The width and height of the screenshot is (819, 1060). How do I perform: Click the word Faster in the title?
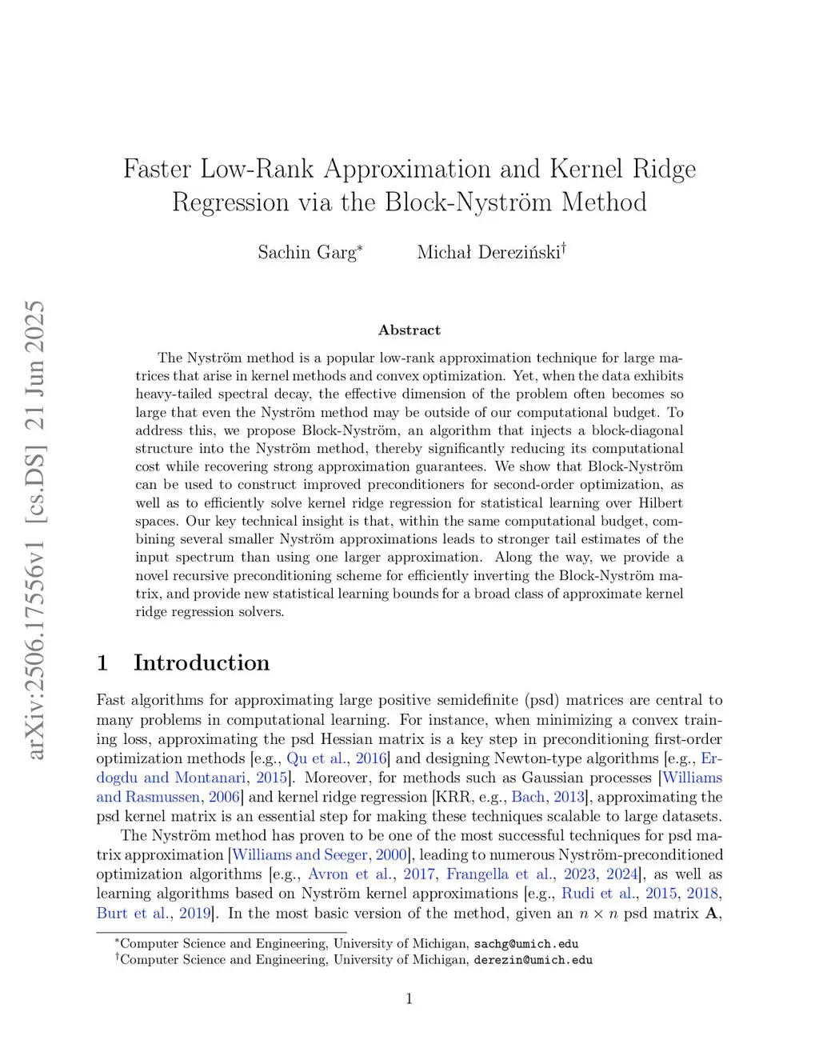(x=157, y=169)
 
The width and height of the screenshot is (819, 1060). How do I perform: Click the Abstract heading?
(x=409, y=330)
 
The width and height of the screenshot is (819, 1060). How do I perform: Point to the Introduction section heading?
(x=202, y=662)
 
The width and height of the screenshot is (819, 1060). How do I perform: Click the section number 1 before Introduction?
(x=102, y=662)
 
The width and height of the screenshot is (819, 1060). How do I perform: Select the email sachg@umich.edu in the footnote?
(x=526, y=944)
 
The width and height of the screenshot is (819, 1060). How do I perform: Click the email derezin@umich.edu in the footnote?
(x=533, y=960)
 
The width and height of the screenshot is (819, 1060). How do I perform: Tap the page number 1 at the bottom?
(x=409, y=998)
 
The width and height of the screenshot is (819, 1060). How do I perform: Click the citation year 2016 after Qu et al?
(x=371, y=758)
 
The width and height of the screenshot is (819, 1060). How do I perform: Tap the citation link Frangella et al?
(x=499, y=874)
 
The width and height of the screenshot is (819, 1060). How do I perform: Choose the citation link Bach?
(x=528, y=797)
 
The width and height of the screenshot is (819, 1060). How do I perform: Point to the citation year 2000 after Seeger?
(x=391, y=855)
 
